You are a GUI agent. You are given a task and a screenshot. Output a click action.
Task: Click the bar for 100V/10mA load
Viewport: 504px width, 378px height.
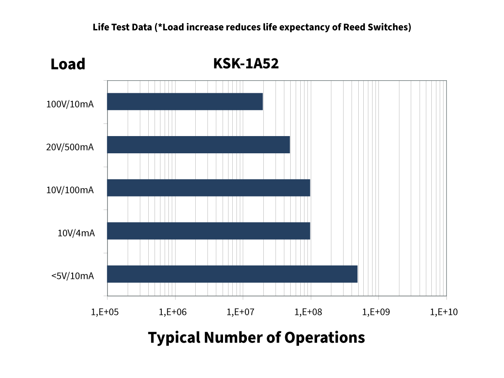tap(185, 102)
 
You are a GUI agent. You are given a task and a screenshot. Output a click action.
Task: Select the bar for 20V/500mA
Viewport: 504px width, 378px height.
tap(198, 145)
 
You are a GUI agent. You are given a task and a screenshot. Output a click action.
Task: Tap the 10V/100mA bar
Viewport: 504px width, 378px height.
tap(208, 188)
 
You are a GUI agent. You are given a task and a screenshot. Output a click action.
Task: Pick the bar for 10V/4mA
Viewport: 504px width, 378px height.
tap(208, 231)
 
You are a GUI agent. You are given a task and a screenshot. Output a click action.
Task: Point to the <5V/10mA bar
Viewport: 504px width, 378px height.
tap(232, 274)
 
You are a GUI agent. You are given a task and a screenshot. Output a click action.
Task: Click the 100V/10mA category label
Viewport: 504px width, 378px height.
tap(70, 104)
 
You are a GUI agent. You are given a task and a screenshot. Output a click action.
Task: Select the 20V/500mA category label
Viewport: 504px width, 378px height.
tap(70, 147)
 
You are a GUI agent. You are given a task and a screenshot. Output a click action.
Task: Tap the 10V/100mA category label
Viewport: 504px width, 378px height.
tap(70, 190)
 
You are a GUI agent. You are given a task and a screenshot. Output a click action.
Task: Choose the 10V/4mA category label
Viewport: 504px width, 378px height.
tap(76, 234)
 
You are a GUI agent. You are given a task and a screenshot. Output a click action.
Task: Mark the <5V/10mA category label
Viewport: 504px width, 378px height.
tap(72, 276)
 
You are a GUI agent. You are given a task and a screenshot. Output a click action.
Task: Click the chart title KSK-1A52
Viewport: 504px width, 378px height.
tap(246, 64)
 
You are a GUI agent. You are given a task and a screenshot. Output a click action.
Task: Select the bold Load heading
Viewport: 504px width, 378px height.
tap(68, 64)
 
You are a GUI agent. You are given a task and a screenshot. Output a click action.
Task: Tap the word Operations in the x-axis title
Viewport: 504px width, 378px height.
tap(324, 338)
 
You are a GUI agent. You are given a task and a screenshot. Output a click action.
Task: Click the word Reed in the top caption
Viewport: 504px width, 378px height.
tap(355, 28)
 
